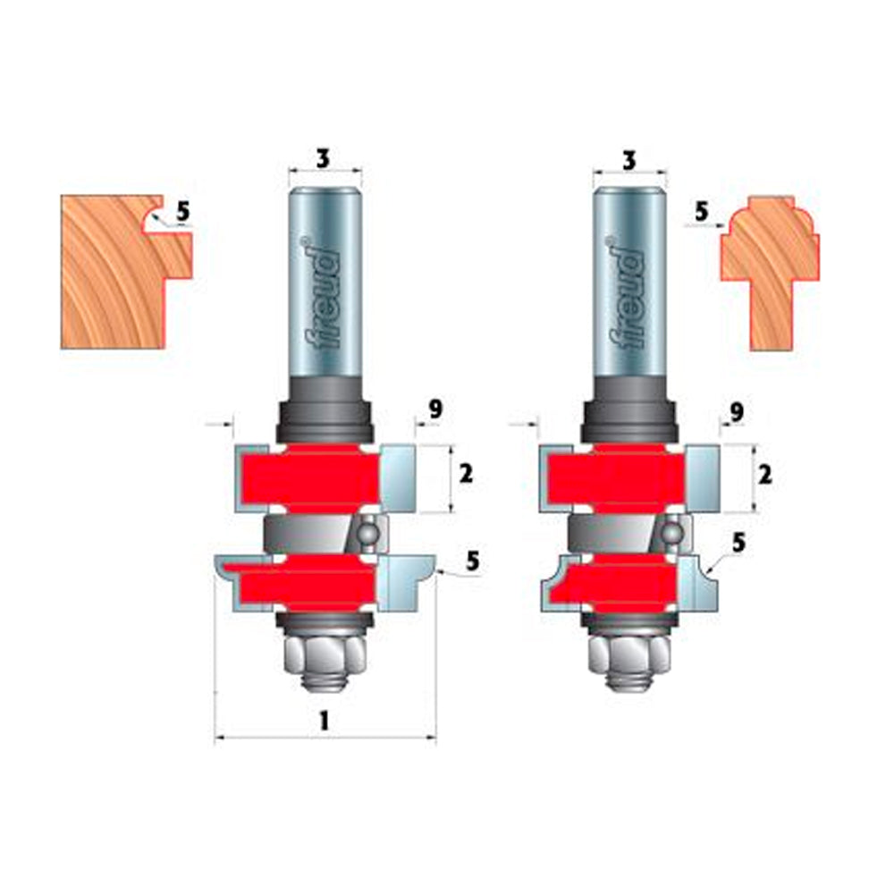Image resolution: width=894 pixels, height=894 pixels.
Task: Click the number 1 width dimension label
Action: point(324,721)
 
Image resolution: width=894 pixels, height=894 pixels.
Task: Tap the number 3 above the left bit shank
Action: point(323,158)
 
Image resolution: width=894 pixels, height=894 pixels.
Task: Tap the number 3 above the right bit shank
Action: point(628,161)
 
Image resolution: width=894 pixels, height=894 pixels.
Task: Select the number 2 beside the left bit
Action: point(466,474)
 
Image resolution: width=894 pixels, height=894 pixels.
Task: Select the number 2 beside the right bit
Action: point(764,475)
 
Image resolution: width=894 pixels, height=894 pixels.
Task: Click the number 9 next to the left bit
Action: point(435,409)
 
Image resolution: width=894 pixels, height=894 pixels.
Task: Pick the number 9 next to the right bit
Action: point(737,411)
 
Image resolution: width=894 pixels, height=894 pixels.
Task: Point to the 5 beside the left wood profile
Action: point(182,212)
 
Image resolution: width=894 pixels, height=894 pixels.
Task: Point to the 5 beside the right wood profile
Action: point(701,212)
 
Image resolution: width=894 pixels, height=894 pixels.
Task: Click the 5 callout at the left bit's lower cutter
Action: point(473,561)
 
